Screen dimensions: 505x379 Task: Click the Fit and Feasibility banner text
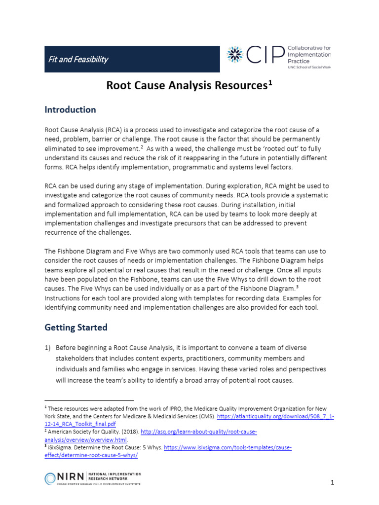coord(78,60)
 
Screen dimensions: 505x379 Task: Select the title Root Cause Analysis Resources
coord(187,86)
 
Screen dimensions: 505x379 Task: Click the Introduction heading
coord(70,109)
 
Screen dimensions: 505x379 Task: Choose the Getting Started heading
coord(76,327)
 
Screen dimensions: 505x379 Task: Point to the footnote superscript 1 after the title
coord(270,83)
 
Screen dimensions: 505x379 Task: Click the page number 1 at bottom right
coord(333,483)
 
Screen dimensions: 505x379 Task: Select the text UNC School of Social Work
coord(309,67)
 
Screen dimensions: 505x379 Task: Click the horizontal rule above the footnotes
coord(89,400)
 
